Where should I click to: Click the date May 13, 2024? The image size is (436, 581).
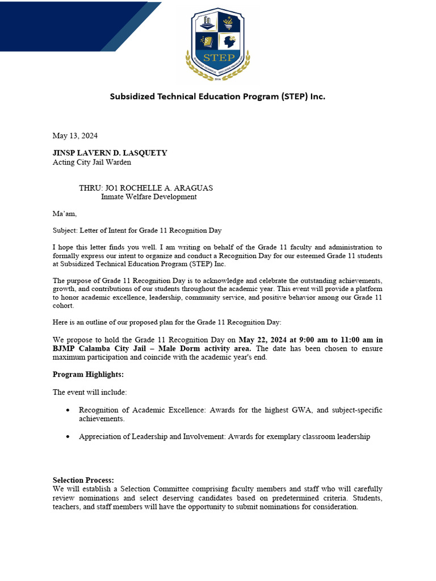pos(75,136)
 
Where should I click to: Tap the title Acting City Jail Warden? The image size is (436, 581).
pos(91,162)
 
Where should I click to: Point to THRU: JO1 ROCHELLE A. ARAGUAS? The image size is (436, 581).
pos(146,188)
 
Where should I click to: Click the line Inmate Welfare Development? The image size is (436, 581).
pos(149,197)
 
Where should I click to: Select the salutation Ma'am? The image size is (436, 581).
pos(64,214)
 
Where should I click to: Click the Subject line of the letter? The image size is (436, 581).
pos(137,230)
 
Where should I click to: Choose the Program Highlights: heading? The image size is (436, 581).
pos(88,374)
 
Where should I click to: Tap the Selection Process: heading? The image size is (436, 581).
pos(83,480)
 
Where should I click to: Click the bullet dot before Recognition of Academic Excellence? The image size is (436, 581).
pos(68,410)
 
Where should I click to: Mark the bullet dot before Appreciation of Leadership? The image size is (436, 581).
pos(68,437)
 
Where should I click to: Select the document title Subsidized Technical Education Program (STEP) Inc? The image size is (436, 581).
pos(217,96)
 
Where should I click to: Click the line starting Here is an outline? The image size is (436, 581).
pos(167,322)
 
